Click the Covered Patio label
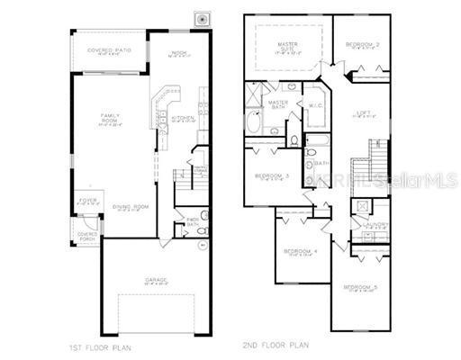pyautogui.click(x=109, y=51)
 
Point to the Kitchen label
pyautogui.click(x=183, y=117)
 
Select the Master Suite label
pyautogui.click(x=288, y=46)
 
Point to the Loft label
pyautogui.click(x=363, y=112)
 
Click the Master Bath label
pyautogui.click(x=278, y=103)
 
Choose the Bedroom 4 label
pyautogui.click(x=299, y=251)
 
